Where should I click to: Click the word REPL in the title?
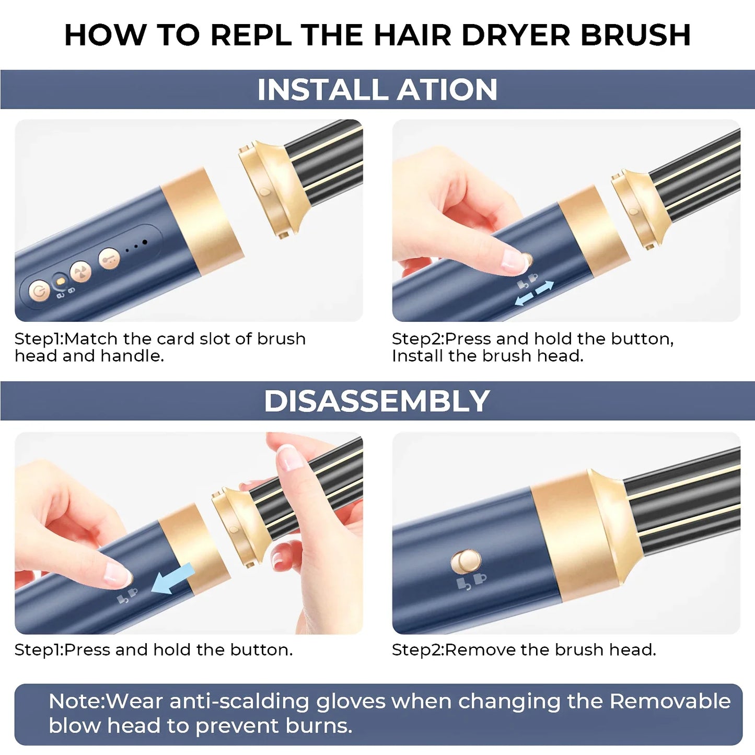pos(251,36)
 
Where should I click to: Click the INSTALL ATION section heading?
pos(377,89)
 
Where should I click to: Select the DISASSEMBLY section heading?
pos(377,401)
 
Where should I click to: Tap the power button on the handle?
pos(39,291)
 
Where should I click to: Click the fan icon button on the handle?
pos(81,272)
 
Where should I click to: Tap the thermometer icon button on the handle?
pos(109,258)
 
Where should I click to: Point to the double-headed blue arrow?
pos(534,293)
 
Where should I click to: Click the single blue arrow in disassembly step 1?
pos(172,579)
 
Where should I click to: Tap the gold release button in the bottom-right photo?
pos(466,562)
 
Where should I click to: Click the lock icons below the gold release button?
pos(471,582)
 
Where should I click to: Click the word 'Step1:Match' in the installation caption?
pos(66,339)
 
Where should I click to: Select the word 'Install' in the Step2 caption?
pos(417,356)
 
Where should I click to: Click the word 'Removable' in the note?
pos(670,701)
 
